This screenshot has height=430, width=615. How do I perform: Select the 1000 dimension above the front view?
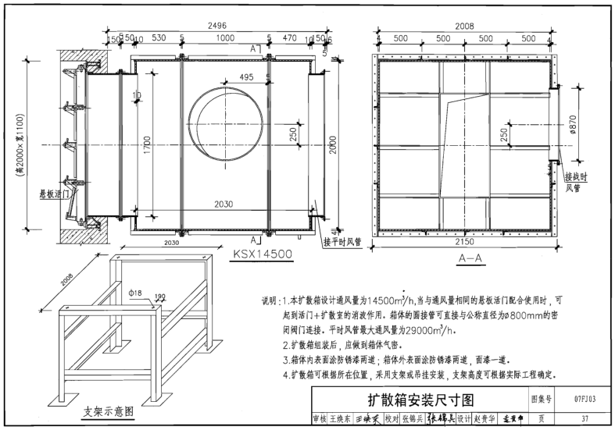(225, 37)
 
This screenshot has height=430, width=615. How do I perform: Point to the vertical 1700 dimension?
(147, 144)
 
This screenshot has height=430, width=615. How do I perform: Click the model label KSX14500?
(262, 254)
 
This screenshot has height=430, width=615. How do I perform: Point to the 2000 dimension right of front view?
(334, 144)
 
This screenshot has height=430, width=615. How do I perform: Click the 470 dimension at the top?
(289, 37)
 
